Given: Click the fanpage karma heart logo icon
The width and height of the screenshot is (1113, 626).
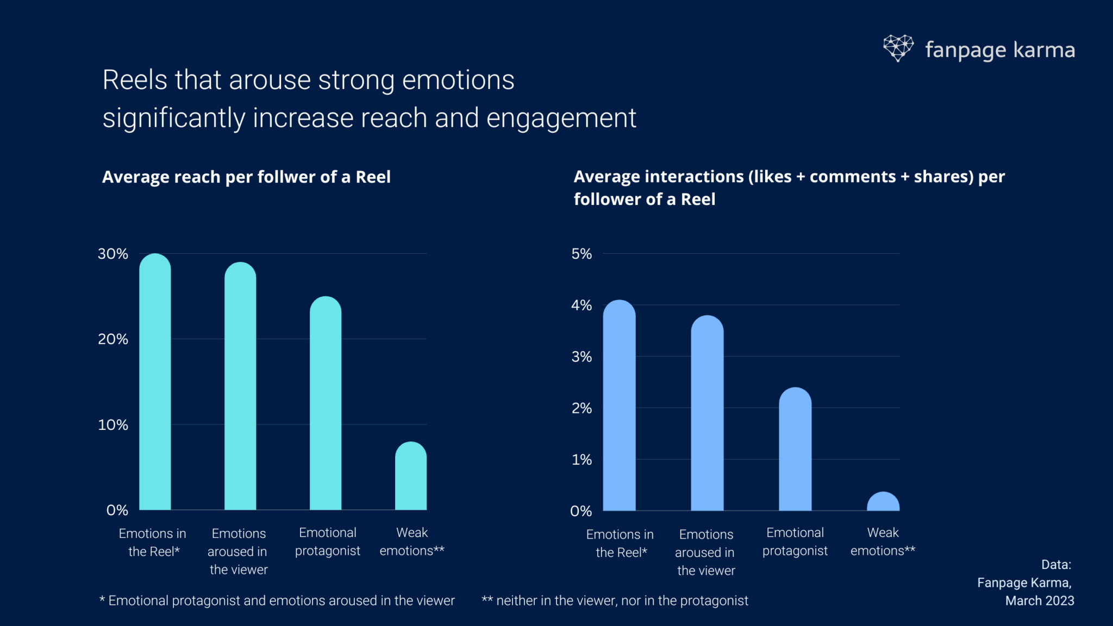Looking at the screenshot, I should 898,48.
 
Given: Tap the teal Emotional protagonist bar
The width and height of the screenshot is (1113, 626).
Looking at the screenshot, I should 326,405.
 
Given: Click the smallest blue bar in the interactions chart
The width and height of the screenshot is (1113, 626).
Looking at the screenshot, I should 883,502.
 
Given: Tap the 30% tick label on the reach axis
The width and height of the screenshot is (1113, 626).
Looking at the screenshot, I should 112,254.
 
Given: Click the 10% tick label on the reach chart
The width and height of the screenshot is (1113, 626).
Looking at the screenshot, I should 112,425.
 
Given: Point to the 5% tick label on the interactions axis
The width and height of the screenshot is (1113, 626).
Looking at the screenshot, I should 581,254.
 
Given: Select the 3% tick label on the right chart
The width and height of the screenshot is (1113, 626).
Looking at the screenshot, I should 581,357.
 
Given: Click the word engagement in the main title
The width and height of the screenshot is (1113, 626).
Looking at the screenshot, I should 561,118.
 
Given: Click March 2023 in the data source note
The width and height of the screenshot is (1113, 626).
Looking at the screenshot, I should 1039,600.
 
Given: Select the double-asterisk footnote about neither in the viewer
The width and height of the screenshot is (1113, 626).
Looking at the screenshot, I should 615,600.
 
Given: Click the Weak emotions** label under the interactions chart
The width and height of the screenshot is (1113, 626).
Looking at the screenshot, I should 883,541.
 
